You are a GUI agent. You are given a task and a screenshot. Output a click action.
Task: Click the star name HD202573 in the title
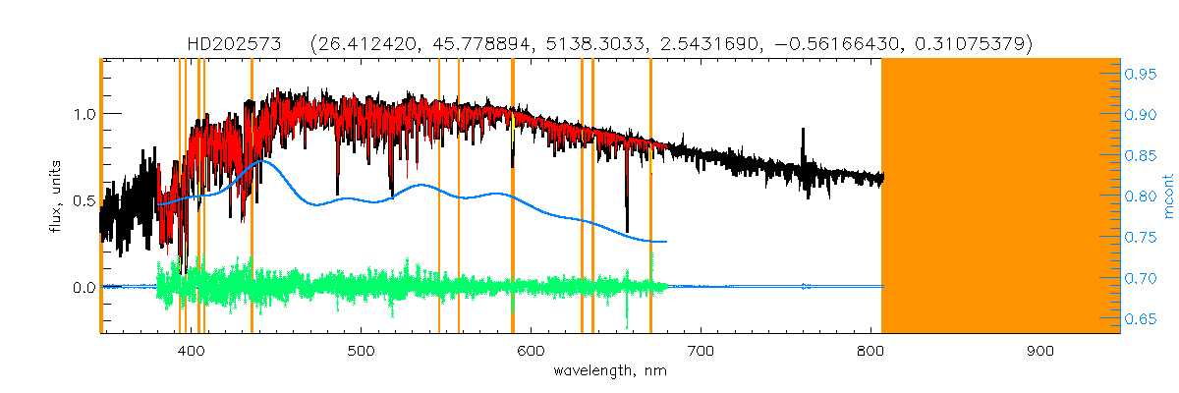coord(235,44)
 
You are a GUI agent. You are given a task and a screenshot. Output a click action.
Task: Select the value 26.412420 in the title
coord(360,44)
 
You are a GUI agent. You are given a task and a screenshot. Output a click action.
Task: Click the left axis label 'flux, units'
coord(56,196)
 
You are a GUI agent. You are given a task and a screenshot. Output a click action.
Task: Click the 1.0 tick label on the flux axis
coord(83,114)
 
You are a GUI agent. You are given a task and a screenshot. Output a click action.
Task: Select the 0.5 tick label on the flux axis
coord(83,200)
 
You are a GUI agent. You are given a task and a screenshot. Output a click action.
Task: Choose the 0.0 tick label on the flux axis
coord(83,288)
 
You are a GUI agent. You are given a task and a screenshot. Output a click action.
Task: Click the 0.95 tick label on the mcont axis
coord(1141,74)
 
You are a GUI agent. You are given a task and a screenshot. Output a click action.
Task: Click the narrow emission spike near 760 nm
coord(803,131)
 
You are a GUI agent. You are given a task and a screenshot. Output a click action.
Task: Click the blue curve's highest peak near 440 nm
coord(258,161)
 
